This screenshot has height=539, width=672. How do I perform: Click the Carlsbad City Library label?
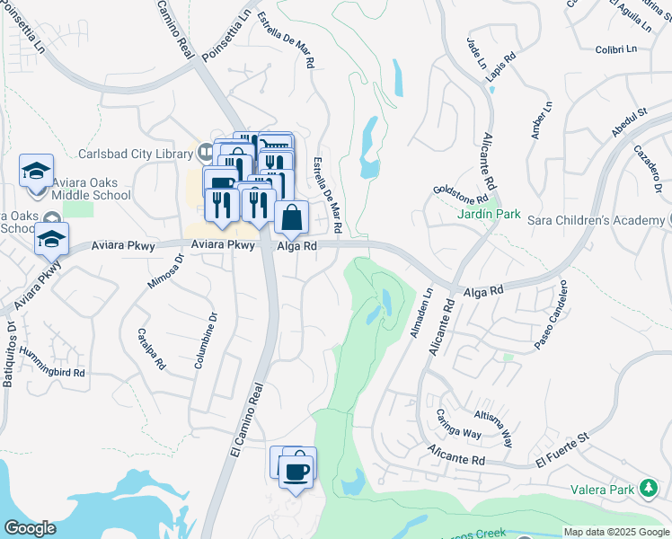click(x=135, y=152)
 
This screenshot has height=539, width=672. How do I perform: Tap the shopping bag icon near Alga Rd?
click(x=292, y=218)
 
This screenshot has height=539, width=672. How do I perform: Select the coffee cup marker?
click(x=296, y=471)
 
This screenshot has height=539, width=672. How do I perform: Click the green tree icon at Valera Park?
click(x=648, y=489)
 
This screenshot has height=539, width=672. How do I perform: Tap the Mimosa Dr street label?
click(x=164, y=270)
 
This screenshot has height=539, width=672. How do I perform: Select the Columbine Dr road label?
click(x=206, y=340)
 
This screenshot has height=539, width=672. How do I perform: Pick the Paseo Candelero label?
click(x=550, y=315)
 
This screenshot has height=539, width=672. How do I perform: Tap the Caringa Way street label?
click(x=460, y=419)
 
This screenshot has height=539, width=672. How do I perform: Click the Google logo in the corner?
click(x=30, y=528)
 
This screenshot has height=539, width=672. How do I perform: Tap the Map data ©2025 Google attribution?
click(x=615, y=532)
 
